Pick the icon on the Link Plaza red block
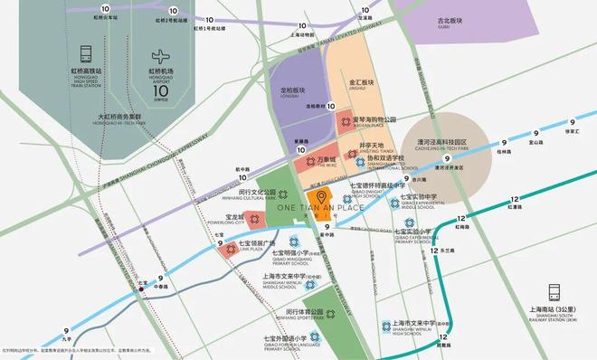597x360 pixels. pyautogui.click(x=232, y=249)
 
